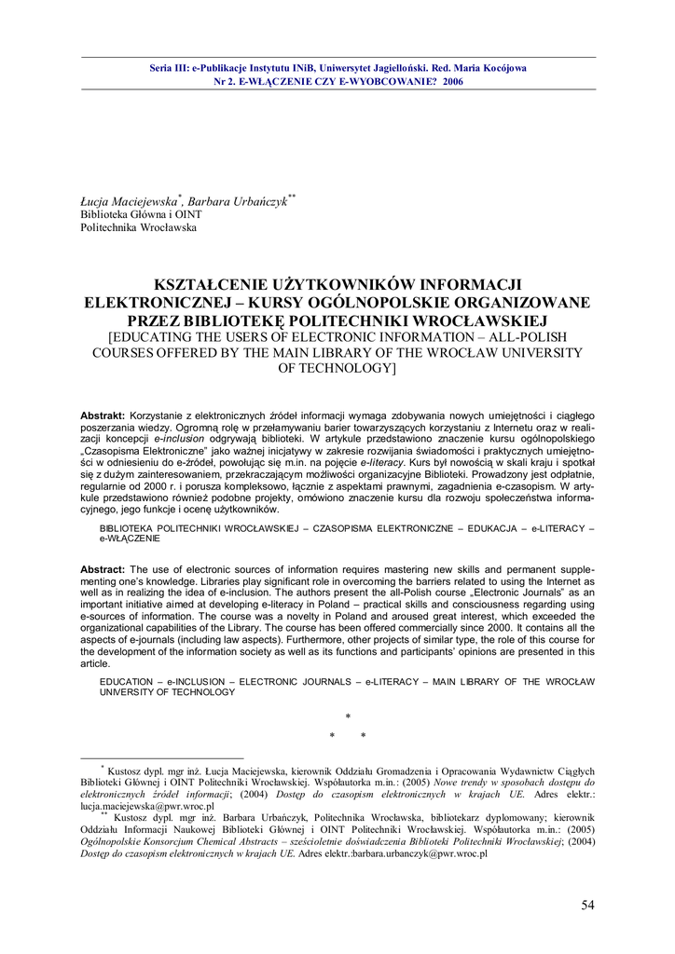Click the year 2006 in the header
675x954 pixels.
pyautogui.click(x=453, y=81)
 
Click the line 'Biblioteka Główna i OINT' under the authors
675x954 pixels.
pyautogui.click(x=141, y=214)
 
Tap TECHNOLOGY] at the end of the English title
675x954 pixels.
pyautogui.click(x=338, y=369)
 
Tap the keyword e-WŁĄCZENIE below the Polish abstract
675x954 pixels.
pyautogui.click(x=130, y=538)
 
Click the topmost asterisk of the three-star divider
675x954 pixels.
pyautogui.click(x=348, y=716)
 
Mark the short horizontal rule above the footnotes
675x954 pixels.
pyautogui.click(x=162, y=758)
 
